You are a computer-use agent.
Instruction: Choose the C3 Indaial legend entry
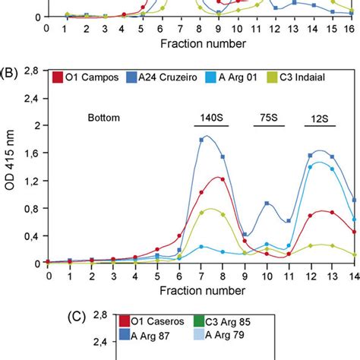(x=311, y=77)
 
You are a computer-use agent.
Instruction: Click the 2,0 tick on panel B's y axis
(x=33, y=125)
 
